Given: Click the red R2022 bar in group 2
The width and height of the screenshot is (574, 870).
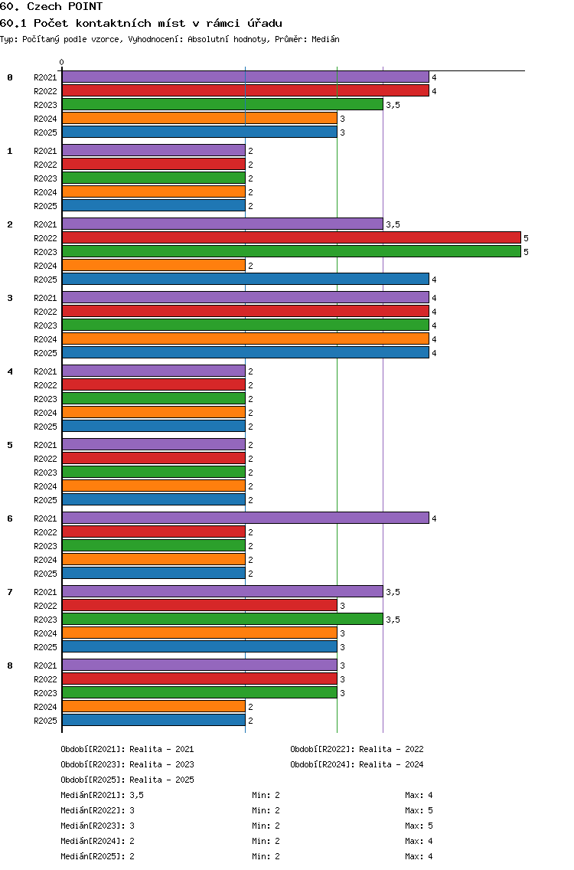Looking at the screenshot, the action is (x=291, y=238).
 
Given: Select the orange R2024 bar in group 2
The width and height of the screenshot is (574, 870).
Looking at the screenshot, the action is (x=154, y=266).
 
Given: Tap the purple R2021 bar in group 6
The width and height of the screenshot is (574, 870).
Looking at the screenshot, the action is (x=245, y=518).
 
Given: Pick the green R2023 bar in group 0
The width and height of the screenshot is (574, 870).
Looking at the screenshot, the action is (x=223, y=105).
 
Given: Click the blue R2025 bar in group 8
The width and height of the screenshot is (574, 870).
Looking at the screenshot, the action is (x=154, y=721).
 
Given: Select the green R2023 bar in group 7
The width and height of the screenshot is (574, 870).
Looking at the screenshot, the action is (x=223, y=620).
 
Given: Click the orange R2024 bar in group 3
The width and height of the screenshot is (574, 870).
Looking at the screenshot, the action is (x=245, y=339).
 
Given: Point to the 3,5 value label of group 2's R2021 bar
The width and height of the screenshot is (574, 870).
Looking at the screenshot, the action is (x=393, y=224).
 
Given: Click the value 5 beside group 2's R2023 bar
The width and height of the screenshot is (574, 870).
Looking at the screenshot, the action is (x=527, y=252).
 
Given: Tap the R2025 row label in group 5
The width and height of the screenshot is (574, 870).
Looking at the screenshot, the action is (x=45, y=500).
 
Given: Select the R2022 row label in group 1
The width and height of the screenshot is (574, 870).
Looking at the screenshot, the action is (x=45, y=165).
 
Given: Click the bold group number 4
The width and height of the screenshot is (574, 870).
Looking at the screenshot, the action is (x=10, y=371).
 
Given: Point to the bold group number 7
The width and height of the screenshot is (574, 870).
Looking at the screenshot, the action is (x=10, y=592).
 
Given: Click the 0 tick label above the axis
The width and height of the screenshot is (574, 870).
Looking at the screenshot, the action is (x=61, y=62).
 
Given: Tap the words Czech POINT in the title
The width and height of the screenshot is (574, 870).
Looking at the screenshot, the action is (x=65, y=7).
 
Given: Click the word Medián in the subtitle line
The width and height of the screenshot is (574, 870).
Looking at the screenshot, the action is (x=325, y=39).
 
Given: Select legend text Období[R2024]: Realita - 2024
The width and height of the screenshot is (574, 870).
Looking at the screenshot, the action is (x=357, y=764).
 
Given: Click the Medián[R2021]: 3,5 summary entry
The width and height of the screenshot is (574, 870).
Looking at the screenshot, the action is (x=102, y=795).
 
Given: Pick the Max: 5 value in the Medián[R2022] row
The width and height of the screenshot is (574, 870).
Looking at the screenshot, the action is (x=419, y=810).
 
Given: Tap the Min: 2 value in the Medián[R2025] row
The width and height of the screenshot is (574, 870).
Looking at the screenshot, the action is (x=266, y=857).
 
